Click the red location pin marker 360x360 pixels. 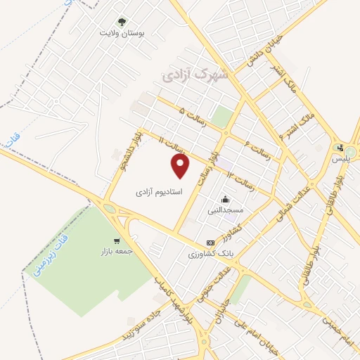(x=181, y=165)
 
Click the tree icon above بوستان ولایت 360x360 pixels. (x=121, y=22)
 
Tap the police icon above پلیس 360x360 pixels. (x=341, y=148)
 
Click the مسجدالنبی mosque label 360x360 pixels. (x=225, y=210)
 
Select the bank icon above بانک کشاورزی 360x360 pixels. (x=210, y=243)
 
